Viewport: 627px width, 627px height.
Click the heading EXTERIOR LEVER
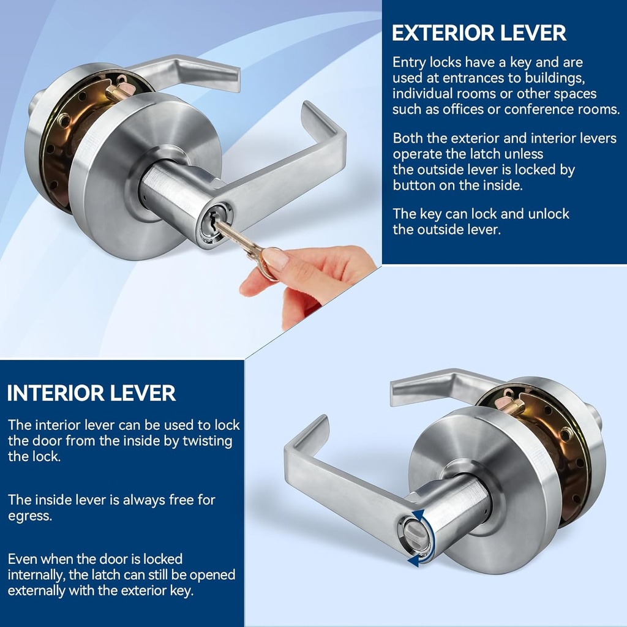479,34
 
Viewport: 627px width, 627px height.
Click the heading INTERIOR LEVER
91,393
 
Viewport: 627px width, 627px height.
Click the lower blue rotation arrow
415,559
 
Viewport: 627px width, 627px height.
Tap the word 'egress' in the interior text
29,516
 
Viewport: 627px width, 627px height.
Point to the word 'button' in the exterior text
413,186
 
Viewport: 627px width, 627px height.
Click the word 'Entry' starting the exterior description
408,62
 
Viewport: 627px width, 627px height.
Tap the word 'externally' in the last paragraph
39,591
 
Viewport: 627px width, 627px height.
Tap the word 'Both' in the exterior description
407,138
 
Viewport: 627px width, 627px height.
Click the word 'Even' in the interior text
22,559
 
